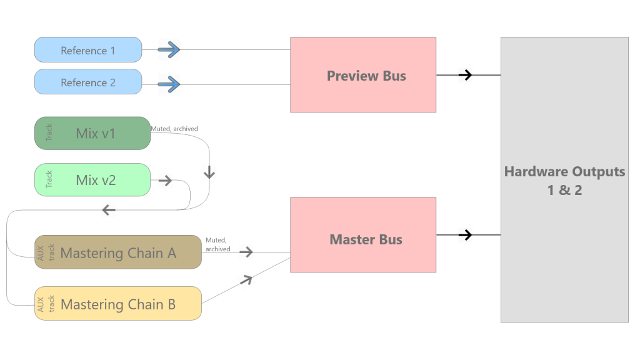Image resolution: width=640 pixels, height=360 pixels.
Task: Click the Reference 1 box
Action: (88, 50)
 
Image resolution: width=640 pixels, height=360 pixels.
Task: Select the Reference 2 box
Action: (88, 82)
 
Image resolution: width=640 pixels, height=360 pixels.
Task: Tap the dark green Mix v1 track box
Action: (92, 134)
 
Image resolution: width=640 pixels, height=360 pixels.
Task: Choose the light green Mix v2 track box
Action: (92, 180)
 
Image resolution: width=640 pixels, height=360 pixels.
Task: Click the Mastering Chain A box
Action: (118, 252)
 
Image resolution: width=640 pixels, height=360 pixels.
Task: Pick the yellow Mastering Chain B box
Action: (118, 303)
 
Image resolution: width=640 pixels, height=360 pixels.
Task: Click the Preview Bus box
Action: (363, 75)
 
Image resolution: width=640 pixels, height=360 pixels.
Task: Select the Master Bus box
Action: (363, 235)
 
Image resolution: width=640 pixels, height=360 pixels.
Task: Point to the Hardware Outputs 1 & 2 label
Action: (564, 181)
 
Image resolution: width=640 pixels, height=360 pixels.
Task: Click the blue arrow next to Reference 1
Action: (169, 50)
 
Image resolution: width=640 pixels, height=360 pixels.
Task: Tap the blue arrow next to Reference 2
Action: (169, 84)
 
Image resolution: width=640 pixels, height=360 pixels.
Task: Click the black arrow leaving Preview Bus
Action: (465, 75)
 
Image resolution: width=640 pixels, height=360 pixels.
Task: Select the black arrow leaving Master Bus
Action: (465, 235)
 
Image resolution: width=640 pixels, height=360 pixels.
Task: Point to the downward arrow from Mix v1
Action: (209, 172)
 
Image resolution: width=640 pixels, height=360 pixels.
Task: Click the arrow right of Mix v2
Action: (165, 181)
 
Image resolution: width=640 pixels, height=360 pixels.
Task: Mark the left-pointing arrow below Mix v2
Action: (109, 210)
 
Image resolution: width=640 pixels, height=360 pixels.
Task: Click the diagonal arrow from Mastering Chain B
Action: (246, 280)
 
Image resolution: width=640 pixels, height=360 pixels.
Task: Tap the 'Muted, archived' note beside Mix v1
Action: (174, 129)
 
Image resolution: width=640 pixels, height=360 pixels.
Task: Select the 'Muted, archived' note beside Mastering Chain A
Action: (218, 244)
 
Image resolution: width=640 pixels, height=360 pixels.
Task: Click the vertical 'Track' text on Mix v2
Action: (49, 179)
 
